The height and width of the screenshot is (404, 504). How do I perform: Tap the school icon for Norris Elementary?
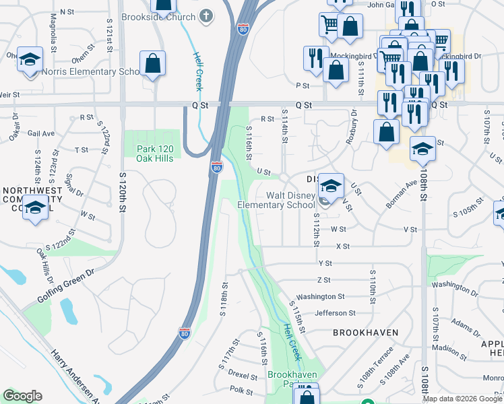(x=30, y=59)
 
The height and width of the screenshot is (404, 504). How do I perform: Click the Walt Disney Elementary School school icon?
(x=331, y=186)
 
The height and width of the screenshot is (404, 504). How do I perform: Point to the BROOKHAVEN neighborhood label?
(x=365, y=333)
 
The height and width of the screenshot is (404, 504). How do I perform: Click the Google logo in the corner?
(x=22, y=396)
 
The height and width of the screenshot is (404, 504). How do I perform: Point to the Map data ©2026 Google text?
(x=462, y=399)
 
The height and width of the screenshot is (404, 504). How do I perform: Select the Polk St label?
(x=241, y=391)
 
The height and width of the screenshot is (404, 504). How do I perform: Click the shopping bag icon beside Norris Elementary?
(x=153, y=64)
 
